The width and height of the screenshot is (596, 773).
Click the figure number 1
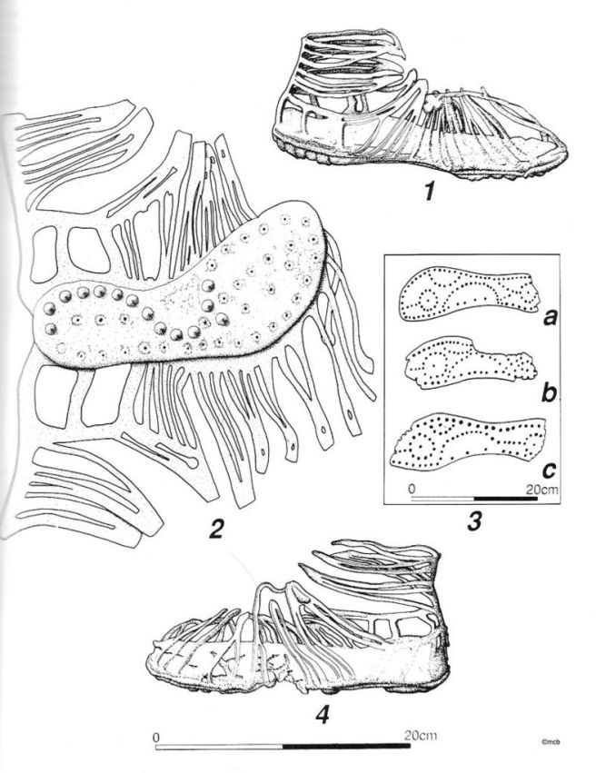coord(430,190)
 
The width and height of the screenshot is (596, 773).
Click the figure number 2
coord(216,529)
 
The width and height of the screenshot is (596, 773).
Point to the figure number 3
coord(474,521)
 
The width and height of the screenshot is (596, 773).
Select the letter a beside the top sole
coord(549,318)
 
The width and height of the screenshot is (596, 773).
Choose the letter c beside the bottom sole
coord(548,470)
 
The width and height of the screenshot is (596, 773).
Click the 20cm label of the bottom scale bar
coord(421,736)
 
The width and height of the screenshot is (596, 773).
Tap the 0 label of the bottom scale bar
coord(156,738)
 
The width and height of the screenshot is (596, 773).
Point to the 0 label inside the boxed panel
coord(412,490)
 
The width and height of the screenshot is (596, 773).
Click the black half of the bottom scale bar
coord(346,747)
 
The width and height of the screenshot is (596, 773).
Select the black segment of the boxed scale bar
coord(505,499)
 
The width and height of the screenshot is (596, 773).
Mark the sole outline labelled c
coord(468,441)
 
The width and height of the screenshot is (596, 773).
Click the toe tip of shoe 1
coord(566,152)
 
